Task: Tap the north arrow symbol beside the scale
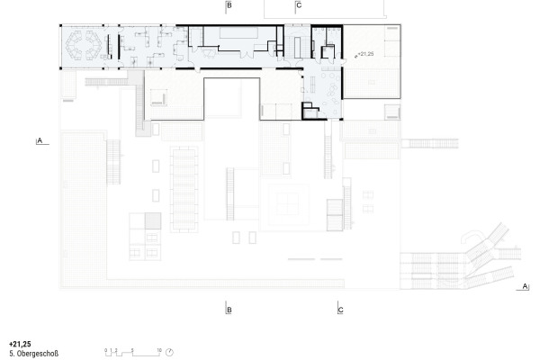(x=169, y=352)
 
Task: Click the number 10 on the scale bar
(x=158, y=347)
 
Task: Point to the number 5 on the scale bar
(x=132, y=347)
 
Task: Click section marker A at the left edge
(x=40, y=140)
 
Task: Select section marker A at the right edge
(x=523, y=287)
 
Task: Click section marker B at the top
(x=229, y=6)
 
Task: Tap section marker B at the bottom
(x=229, y=310)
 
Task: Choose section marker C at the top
(x=299, y=6)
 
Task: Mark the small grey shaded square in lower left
(x=152, y=220)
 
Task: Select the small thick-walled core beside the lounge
(x=311, y=110)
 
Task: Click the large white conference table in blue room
(x=238, y=35)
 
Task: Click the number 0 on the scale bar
(x=105, y=347)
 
